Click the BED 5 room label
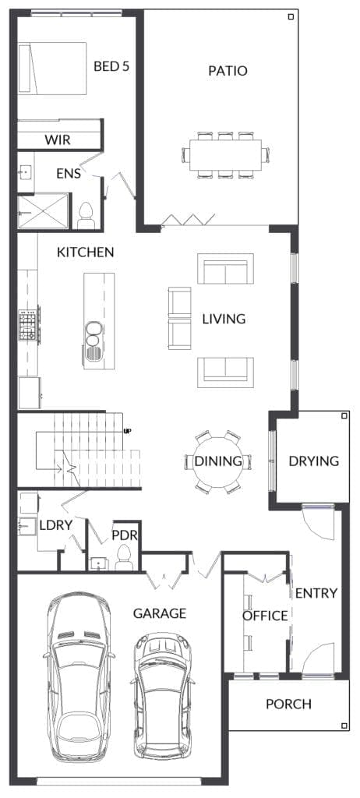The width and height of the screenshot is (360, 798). pos(111,66)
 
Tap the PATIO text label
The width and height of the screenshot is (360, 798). pos(228,71)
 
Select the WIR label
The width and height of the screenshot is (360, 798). pos(58,140)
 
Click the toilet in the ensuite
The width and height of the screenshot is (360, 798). pos(86,214)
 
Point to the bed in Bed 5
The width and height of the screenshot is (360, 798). pos(53,69)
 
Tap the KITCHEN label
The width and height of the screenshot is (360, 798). pos(86,252)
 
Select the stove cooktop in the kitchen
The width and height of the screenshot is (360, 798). pos(29,325)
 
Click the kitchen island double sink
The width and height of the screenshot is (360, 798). pos(93,341)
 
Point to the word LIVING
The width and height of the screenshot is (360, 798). pos(224,319)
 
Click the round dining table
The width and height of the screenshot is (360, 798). pos(218,461)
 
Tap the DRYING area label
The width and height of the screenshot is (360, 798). pos(313,461)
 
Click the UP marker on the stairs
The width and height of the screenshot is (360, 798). pos(127,430)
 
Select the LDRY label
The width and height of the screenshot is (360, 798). pos(55,525)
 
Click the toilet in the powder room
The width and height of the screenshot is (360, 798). pos(123,557)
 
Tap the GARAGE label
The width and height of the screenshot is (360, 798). pos(159,613)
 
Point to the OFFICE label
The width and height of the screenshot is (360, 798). pos(265,616)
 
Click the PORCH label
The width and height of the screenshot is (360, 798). pos(288,704)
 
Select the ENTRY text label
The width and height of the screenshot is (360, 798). pos(316,593)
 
